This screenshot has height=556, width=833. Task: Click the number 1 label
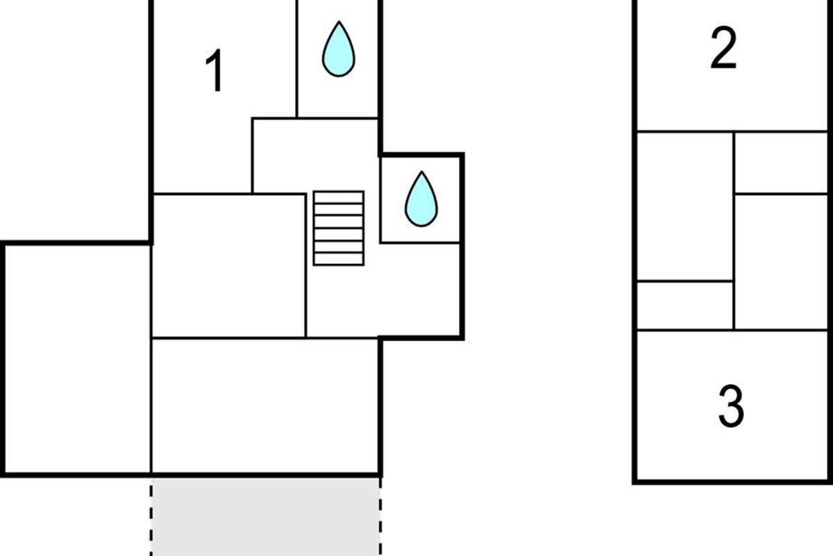[214, 70]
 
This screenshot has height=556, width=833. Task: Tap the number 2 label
[723, 48]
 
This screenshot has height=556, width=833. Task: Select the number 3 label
[731, 407]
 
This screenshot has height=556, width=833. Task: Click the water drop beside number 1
[339, 49]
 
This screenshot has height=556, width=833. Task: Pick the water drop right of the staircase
[421, 199]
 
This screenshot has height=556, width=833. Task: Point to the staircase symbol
[339, 228]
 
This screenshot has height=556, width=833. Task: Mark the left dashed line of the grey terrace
[151, 517]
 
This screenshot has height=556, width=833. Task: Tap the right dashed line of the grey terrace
[380, 517]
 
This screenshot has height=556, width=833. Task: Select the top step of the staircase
[339, 197]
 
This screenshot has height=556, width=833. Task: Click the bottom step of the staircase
[339, 259]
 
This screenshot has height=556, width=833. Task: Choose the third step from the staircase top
[339, 222]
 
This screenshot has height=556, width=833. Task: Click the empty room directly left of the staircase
[228, 266]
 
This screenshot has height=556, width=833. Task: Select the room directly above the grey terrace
[265, 406]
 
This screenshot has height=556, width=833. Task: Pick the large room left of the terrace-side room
[77, 359]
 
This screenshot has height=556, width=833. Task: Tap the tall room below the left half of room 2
[685, 206]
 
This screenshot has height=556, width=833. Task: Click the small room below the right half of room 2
[782, 163]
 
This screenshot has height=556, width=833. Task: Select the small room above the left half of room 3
[685, 305]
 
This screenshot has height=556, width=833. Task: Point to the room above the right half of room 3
[782, 262]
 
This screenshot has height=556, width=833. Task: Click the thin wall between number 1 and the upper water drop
[297, 59]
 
